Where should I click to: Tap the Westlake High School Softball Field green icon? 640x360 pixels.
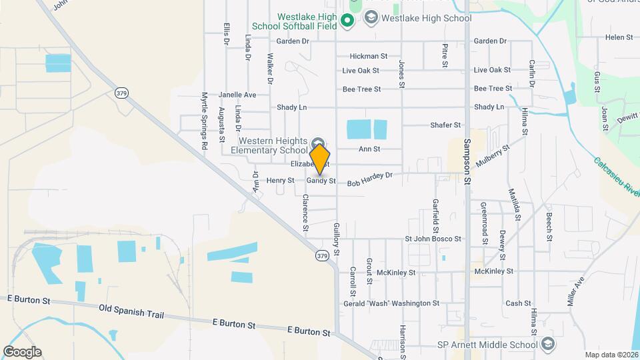[347, 21]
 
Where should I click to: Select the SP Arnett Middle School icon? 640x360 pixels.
[548, 344]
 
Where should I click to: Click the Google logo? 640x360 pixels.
[22, 352]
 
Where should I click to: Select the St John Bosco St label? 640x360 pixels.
[433, 239]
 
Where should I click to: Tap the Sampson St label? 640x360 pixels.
[467, 160]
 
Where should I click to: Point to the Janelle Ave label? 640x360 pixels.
[237, 95]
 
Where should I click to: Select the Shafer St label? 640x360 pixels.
[445, 125]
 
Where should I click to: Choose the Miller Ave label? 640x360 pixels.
[575, 291]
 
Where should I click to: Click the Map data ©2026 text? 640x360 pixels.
[611, 355]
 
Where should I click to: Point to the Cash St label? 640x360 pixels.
[518, 303]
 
